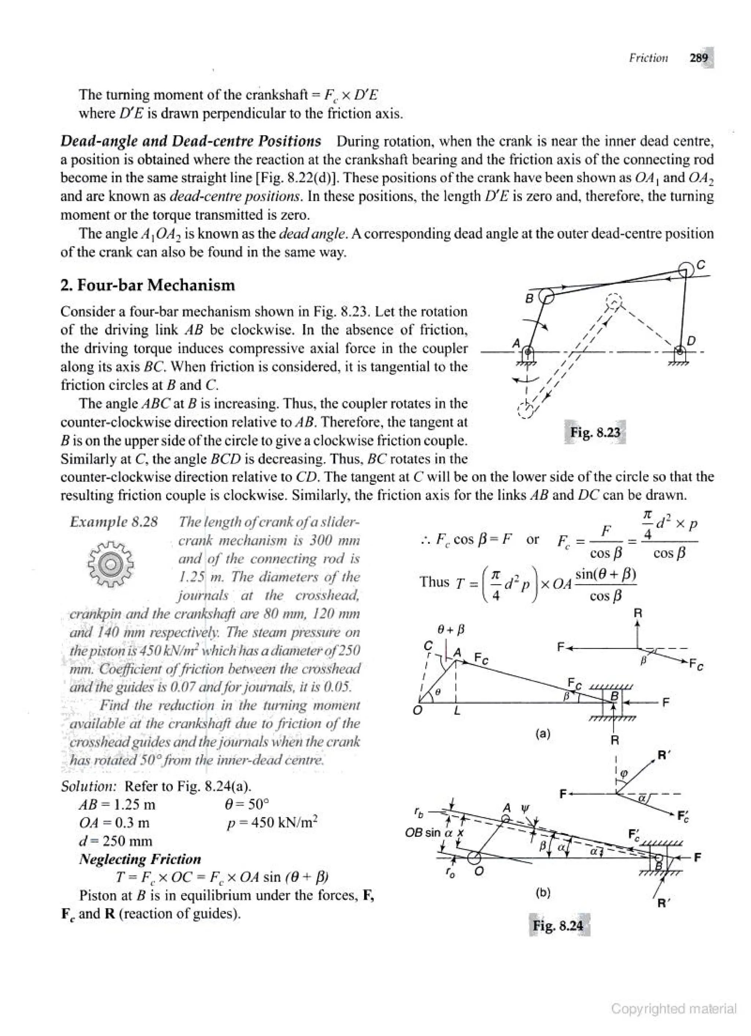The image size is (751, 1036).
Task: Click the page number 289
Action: [699, 58]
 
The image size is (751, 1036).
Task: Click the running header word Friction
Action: [648, 58]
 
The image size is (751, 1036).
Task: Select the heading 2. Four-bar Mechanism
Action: [147, 285]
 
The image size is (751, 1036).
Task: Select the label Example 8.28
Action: [114, 522]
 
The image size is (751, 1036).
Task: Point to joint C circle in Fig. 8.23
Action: [686, 270]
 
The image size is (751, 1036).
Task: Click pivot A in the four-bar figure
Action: [527, 352]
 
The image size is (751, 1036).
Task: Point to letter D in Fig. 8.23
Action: [692, 341]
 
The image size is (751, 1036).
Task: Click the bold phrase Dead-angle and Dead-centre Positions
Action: [191, 141]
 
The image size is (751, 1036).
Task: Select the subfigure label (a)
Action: [542, 734]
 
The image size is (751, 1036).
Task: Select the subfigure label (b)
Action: [542, 893]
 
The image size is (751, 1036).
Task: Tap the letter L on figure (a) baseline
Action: [457, 711]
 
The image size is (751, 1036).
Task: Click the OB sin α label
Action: [434, 832]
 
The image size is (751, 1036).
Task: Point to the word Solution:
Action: [89, 786]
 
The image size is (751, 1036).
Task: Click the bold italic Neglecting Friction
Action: [140, 859]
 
